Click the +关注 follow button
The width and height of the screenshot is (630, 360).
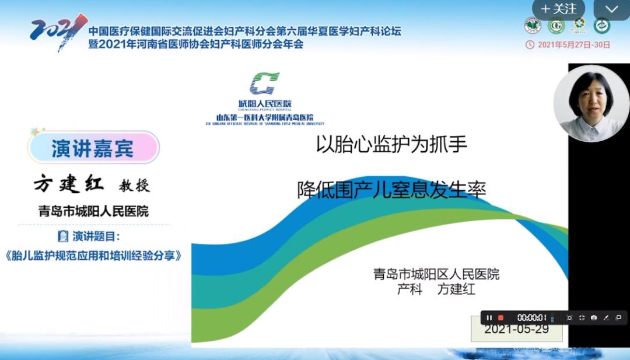click(x=559, y=9)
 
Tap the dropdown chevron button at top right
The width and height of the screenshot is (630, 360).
click(x=611, y=9)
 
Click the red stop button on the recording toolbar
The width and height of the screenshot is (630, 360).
click(x=501, y=317)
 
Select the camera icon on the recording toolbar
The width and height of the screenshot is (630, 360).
click(x=594, y=317)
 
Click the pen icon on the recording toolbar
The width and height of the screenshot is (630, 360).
click(x=606, y=317)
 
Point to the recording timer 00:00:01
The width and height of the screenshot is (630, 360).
click(x=531, y=317)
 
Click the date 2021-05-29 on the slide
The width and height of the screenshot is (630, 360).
click(x=516, y=330)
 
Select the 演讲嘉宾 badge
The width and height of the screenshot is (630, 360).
click(x=93, y=148)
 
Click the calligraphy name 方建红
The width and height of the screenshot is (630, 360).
click(x=69, y=184)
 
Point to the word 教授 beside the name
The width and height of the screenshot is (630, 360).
click(x=135, y=186)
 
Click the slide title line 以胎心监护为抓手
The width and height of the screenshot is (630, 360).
click(x=392, y=145)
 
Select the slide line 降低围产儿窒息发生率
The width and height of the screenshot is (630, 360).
click(x=391, y=190)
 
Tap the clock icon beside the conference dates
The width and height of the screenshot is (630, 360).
click(x=530, y=44)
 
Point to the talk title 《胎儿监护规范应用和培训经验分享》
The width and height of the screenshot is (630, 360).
click(x=93, y=256)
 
